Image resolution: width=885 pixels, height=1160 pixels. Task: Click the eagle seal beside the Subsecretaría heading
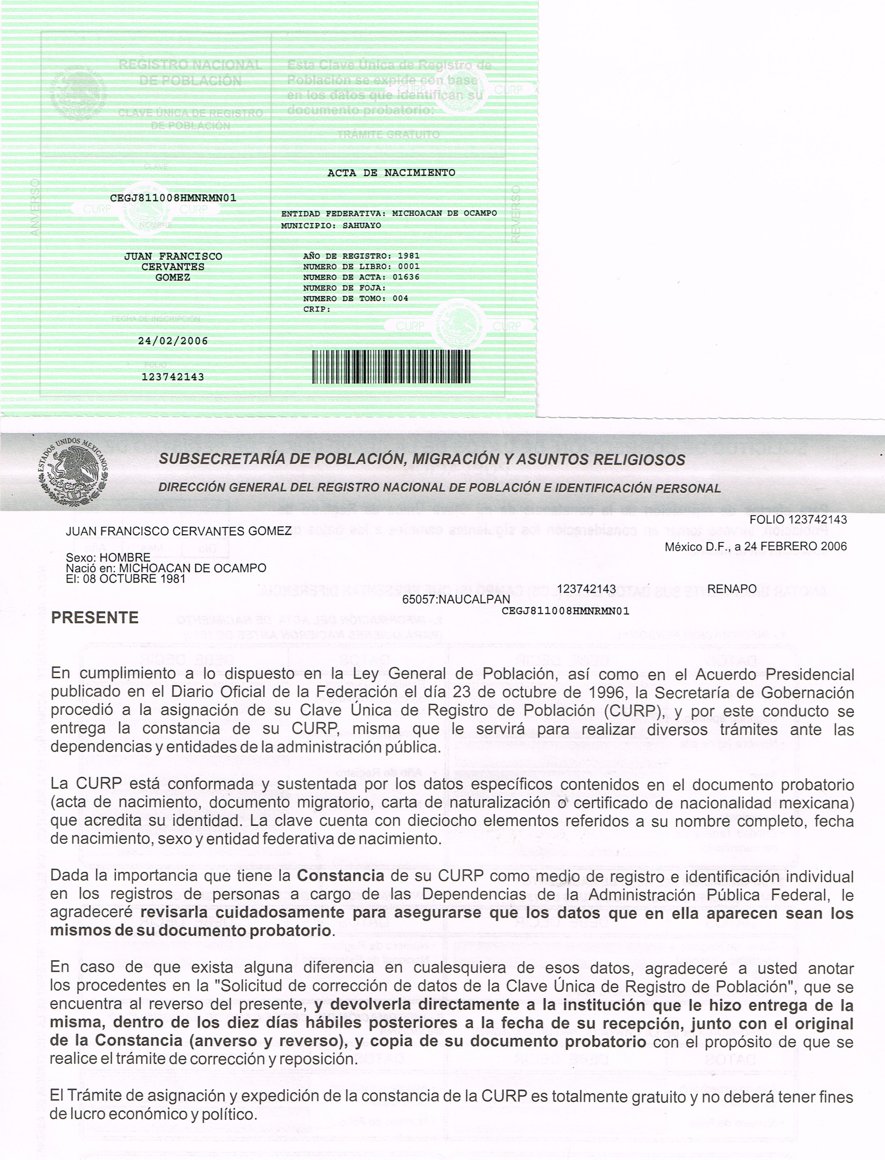click(73, 471)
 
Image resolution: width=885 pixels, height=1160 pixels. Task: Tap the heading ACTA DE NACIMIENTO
click(391, 173)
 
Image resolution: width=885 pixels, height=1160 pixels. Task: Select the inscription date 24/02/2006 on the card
click(173, 341)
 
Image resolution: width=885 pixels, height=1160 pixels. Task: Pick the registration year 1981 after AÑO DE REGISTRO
click(408, 256)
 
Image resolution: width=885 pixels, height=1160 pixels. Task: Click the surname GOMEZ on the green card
click(173, 278)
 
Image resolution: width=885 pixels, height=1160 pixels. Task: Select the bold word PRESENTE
click(95, 618)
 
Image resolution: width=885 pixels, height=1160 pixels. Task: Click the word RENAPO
click(732, 589)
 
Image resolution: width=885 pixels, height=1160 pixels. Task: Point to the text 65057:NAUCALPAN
click(456, 600)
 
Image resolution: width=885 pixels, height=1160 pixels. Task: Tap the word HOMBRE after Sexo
click(125, 557)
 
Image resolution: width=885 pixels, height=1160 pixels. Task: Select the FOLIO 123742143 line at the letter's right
click(798, 519)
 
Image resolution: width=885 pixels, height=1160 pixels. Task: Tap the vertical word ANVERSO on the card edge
click(35, 207)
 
